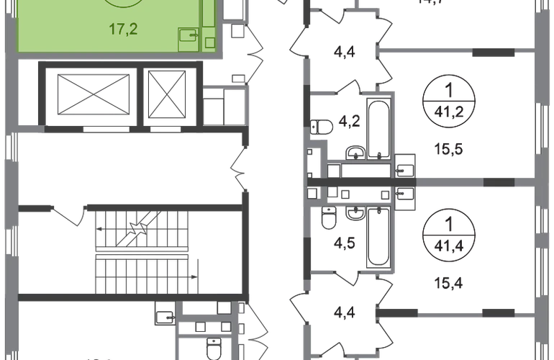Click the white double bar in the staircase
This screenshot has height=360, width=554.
[x=142, y=253]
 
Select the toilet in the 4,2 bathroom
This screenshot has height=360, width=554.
[x=322, y=125]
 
